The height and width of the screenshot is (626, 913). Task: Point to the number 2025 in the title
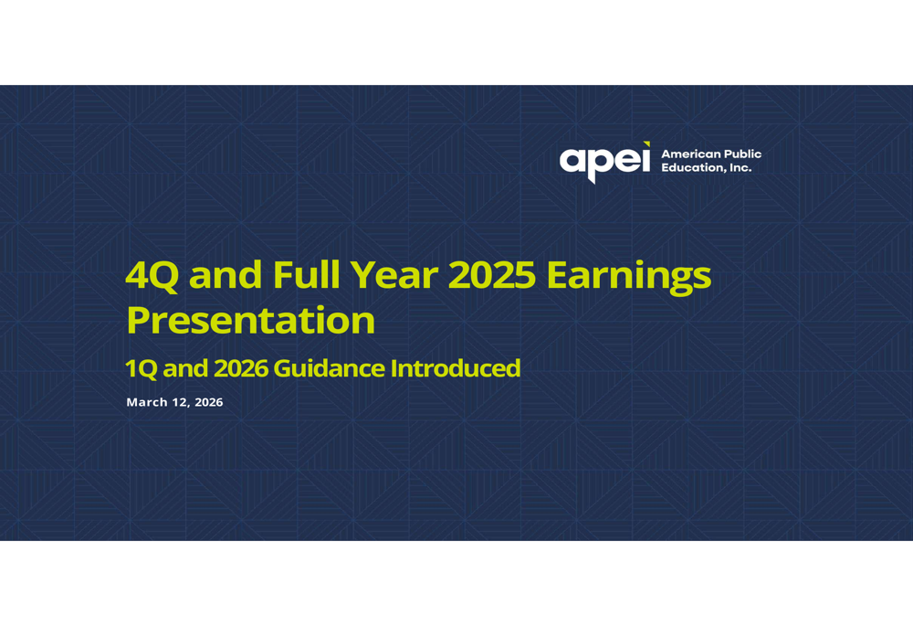click(x=492, y=275)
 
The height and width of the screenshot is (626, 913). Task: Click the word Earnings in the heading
click(x=629, y=278)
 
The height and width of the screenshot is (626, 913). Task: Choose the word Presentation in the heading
click(x=251, y=320)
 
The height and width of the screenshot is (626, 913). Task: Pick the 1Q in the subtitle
click(x=141, y=369)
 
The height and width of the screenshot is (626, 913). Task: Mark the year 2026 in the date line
click(x=208, y=402)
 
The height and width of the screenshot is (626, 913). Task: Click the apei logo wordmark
click(x=604, y=162)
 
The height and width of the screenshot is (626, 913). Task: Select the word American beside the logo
click(x=688, y=154)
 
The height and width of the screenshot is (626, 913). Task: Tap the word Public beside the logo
click(x=740, y=154)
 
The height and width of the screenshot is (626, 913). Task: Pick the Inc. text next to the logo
click(x=740, y=168)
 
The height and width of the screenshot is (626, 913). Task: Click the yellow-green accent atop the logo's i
click(x=646, y=144)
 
